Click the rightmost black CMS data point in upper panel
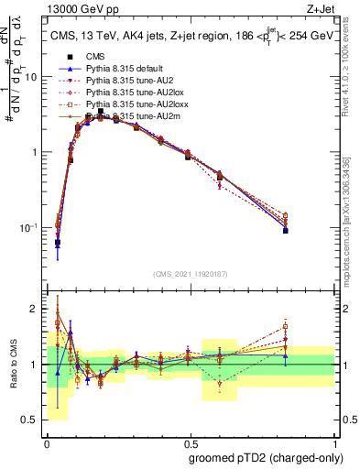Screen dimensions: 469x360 coord(286,231)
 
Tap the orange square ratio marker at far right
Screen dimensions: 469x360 coord(286,326)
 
